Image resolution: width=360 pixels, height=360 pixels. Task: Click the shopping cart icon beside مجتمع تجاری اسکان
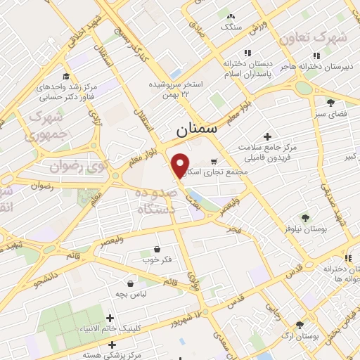click(x=213, y=161)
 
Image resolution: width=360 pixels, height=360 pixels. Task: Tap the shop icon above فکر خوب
click(x=155, y=249)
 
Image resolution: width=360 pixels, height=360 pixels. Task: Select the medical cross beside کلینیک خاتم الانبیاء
click(x=110, y=319)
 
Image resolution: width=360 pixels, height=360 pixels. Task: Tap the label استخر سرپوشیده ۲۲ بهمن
click(x=175, y=89)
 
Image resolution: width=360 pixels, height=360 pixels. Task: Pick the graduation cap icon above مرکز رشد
click(x=66, y=77)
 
